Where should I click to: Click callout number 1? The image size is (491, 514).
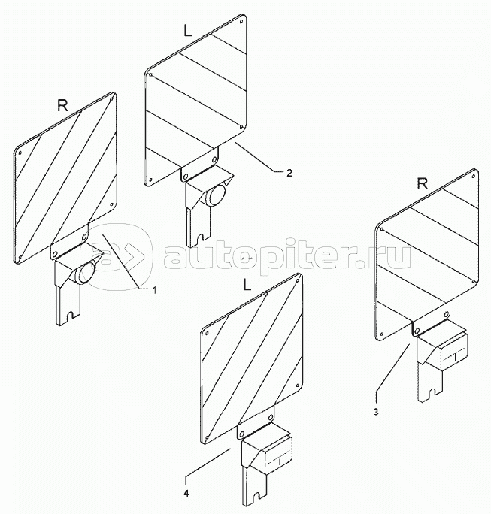154,290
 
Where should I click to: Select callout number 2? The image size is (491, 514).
289,173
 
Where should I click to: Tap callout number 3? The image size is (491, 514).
376,412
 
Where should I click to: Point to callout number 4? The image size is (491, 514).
186,494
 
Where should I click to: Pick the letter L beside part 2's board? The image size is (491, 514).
188,31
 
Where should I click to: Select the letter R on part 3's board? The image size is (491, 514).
423,185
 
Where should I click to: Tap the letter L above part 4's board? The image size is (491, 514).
247,286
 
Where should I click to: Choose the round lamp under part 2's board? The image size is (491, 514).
215,195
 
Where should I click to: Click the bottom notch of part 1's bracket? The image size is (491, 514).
69,316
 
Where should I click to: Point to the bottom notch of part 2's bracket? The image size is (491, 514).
200,237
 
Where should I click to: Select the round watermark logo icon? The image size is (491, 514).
120,256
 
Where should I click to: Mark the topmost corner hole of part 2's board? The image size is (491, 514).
241,22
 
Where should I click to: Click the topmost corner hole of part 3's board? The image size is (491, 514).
474,177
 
